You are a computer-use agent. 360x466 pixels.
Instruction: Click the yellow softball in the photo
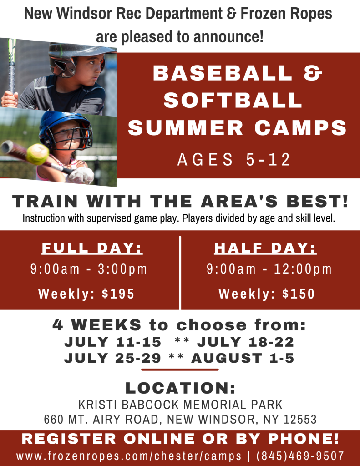37,154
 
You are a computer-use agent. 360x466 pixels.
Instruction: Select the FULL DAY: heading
92,248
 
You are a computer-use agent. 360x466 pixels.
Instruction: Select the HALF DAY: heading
265,248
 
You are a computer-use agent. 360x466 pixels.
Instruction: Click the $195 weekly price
118,294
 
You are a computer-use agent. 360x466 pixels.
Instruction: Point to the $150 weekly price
298,294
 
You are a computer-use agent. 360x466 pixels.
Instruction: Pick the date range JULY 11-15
113,342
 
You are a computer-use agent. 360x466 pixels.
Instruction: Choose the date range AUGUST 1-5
242,358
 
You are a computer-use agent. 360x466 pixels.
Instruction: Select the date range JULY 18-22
245,342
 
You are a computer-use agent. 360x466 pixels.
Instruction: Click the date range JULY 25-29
112,358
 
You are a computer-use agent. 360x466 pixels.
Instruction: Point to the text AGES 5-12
234,160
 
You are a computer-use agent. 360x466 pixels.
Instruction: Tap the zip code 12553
300,419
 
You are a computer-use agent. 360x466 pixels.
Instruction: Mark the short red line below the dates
180,370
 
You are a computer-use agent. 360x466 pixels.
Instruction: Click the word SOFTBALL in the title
233,100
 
